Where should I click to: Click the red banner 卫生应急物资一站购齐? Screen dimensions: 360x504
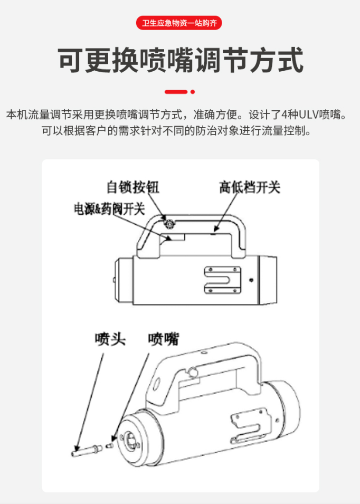coord(179,23)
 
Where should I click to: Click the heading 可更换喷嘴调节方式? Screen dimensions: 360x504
coord(181,60)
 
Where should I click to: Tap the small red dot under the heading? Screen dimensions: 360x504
coord(193,92)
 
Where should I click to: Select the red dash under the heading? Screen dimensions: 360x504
coord(176,92)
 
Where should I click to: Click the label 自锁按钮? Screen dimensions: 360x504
coord(132,187)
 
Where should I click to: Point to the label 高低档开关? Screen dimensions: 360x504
coord(250,187)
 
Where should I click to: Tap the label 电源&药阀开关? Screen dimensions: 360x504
coord(109,209)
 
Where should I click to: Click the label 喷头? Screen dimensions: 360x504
coord(110,339)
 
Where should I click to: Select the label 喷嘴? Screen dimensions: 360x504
coord(163,339)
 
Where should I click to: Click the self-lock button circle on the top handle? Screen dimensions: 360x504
coord(168,223)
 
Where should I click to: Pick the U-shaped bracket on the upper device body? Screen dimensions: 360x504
coord(222,280)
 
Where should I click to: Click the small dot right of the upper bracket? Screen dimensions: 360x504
coord(251,280)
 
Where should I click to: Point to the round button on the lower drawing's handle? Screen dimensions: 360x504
coord(193,372)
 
